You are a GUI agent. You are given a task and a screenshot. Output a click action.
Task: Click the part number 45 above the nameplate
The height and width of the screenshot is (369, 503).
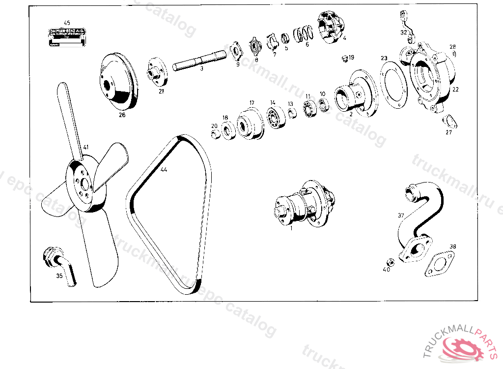pos(67,23)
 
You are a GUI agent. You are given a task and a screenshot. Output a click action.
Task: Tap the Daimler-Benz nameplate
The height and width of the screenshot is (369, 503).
pos(67,38)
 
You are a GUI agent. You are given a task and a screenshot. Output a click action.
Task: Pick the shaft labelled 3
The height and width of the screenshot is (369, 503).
pos(199,62)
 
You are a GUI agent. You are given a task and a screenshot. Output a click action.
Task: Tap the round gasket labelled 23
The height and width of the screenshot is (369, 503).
pos(393,85)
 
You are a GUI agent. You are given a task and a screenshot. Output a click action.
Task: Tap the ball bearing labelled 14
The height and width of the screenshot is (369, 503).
pos(273,119)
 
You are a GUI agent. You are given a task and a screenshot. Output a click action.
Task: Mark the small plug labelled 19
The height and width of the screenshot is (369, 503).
pos(345,60)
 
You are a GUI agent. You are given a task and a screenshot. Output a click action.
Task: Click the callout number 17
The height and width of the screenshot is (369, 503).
pos(252,103)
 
